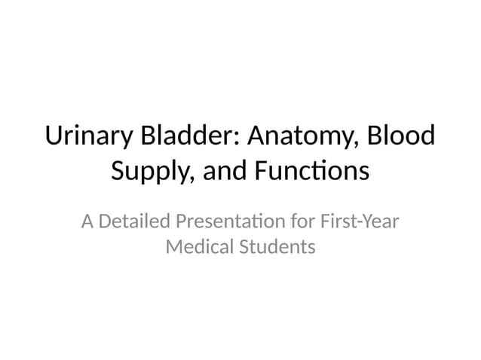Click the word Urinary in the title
click(x=87, y=139)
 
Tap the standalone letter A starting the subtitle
click(x=87, y=223)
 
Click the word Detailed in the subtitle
click(x=134, y=223)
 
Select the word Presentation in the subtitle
click(x=229, y=223)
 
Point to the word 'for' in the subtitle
click(x=301, y=223)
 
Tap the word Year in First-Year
click(x=381, y=223)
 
